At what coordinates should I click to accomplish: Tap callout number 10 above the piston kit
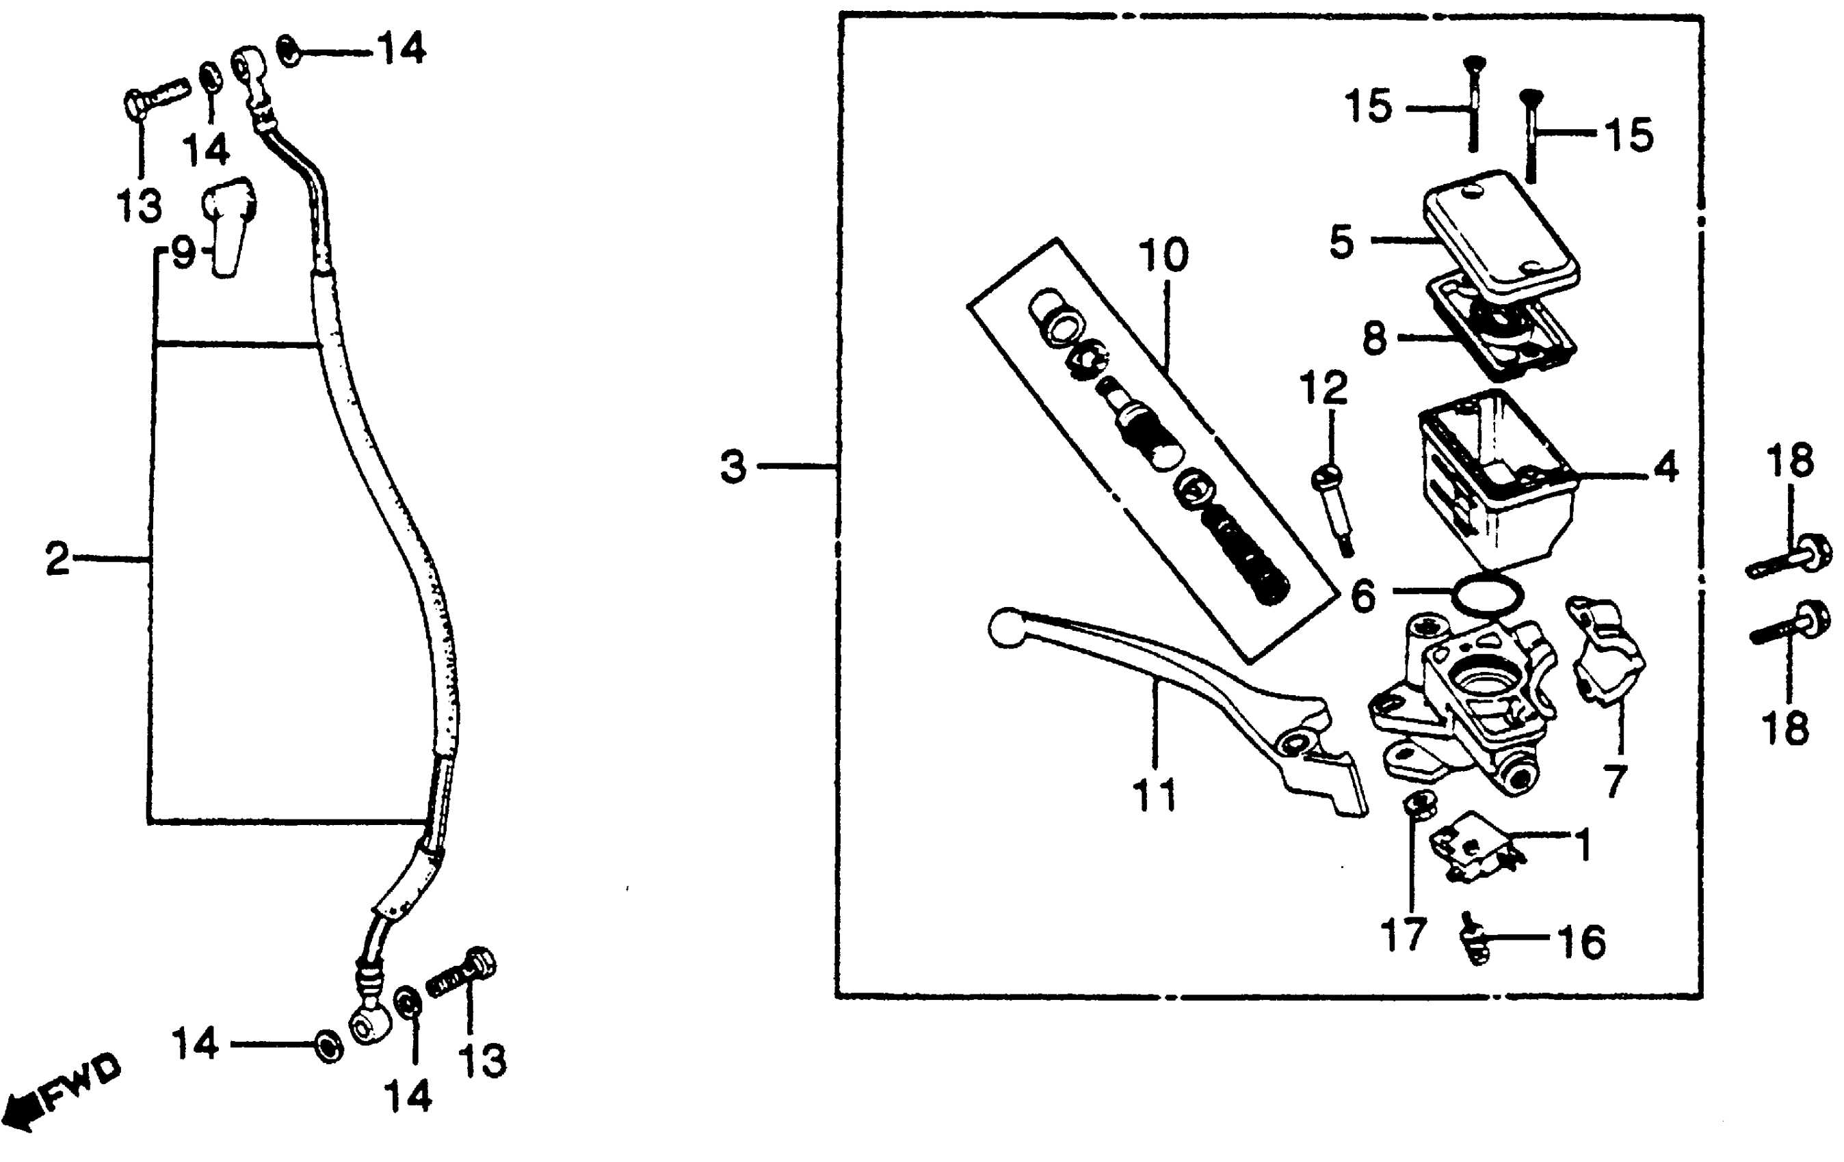1163,255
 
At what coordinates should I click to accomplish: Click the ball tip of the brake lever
1006,628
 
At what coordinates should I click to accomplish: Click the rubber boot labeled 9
229,225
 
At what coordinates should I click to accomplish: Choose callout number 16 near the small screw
1581,941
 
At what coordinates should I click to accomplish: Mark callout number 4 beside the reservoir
1665,466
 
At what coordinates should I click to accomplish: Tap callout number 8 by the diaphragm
1375,337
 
